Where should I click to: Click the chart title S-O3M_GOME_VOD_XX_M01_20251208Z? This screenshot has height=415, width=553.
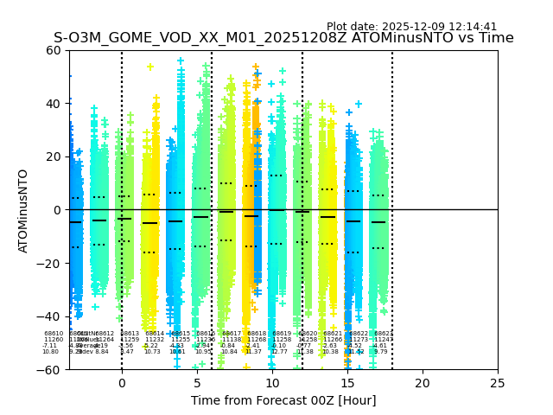pos(283,38)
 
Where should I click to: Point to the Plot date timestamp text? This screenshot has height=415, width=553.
pos(411,27)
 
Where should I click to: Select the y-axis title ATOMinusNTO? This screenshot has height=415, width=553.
pos(23,210)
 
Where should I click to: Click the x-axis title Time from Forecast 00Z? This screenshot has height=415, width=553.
pos(283,400)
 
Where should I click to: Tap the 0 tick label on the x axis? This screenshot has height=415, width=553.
pos(122,382)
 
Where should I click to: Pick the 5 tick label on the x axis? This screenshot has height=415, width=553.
pos(197,382)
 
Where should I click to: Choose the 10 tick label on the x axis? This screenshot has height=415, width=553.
pos(272,382)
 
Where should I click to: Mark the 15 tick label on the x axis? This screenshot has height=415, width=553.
pos(347,382)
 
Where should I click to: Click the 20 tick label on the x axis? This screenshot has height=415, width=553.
pos(423,382)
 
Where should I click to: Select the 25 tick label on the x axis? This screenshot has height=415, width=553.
pos(498,382)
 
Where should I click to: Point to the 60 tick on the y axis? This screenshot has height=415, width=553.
pos(54,50)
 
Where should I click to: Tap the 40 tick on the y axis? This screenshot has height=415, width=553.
pos(54,104)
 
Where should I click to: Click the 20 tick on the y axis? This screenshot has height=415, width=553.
pos(54,156)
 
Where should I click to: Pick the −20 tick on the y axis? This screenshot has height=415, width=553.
pos(51,263)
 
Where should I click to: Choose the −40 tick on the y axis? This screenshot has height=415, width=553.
pos(51,316)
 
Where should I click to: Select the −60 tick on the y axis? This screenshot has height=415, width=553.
pos(51,369)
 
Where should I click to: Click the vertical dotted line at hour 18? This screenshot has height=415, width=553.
pos(392,173)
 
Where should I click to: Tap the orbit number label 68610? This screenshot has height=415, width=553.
pos(54,334)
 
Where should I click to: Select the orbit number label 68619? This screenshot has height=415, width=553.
pos(283,334)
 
